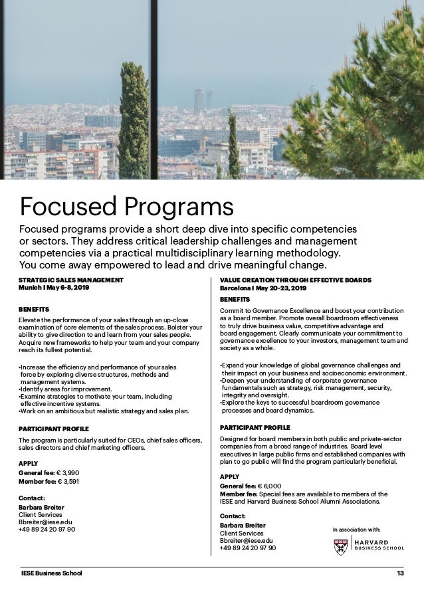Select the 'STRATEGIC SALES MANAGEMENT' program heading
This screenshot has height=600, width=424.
click(71, 280)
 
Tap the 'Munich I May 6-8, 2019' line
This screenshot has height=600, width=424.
click(54, 288)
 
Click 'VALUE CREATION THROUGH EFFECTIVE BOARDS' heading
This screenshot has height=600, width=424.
click(295, 280)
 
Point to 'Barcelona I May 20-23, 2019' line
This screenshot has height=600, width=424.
click(263, 288)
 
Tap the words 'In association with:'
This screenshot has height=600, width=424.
click(356, 530)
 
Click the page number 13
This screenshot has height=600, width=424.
click(400, 573)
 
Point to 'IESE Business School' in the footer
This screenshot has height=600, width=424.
click(51, 573)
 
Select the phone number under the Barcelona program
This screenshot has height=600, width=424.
click(248, 548)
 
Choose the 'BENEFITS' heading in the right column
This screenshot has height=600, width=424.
click(235, 300)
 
